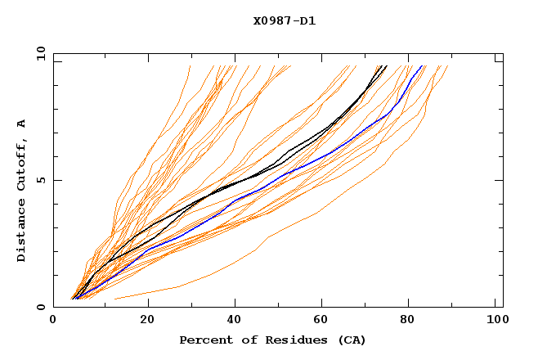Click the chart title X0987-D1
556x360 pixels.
[285, 21]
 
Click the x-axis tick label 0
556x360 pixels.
[53, 321]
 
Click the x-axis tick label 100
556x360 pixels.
[495, 321]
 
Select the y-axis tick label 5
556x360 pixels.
[41, 180]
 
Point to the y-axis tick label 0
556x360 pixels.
[41, 307]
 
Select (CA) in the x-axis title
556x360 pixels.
[352, 340]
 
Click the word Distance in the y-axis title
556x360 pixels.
[22, 232]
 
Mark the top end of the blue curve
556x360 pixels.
[422, 66]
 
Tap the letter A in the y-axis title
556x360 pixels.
[22, 124]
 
